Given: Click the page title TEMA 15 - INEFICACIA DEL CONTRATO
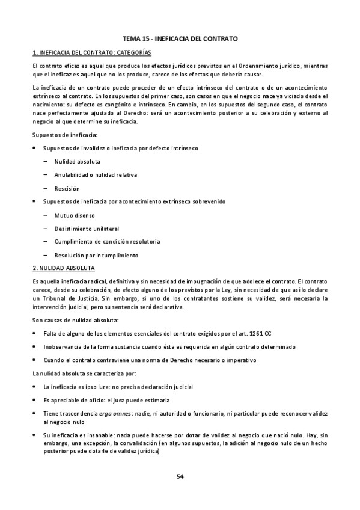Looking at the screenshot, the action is pyautogui.click(x=180, y=38).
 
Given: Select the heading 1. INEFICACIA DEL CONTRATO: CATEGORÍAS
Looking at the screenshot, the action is pyautogui.click(x=92, y=52).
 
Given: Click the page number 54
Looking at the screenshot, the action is pyautogui.click(x=180, y=476).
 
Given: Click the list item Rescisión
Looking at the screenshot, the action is pyautogui.click(x=67, y=188).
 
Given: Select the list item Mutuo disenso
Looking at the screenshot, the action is pyautogui.click(x=74, y=215).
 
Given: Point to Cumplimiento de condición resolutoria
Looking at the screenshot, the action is pyautogui.click(x=107, y=241).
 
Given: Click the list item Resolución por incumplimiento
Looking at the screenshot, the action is pyautogui.click(x=96, y=254).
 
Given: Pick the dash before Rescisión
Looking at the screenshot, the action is pyautogui.click(x=46, y=188).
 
